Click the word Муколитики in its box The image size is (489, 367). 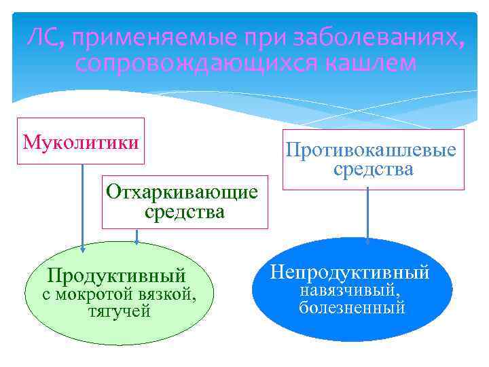coord(81,142)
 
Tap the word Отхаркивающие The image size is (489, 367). coord(182,192)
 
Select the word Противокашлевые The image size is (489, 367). coord(371,150)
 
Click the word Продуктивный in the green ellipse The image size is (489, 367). coord(116,276)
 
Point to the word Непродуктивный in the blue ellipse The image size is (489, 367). coord(350,273)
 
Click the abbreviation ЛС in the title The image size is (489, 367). coord(42,39)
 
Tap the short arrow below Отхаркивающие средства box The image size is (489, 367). coord(138,235)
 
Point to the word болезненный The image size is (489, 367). coord(352,308)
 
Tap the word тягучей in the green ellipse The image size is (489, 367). coord(120,312)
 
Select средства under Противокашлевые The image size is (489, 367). coord(373,169)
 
